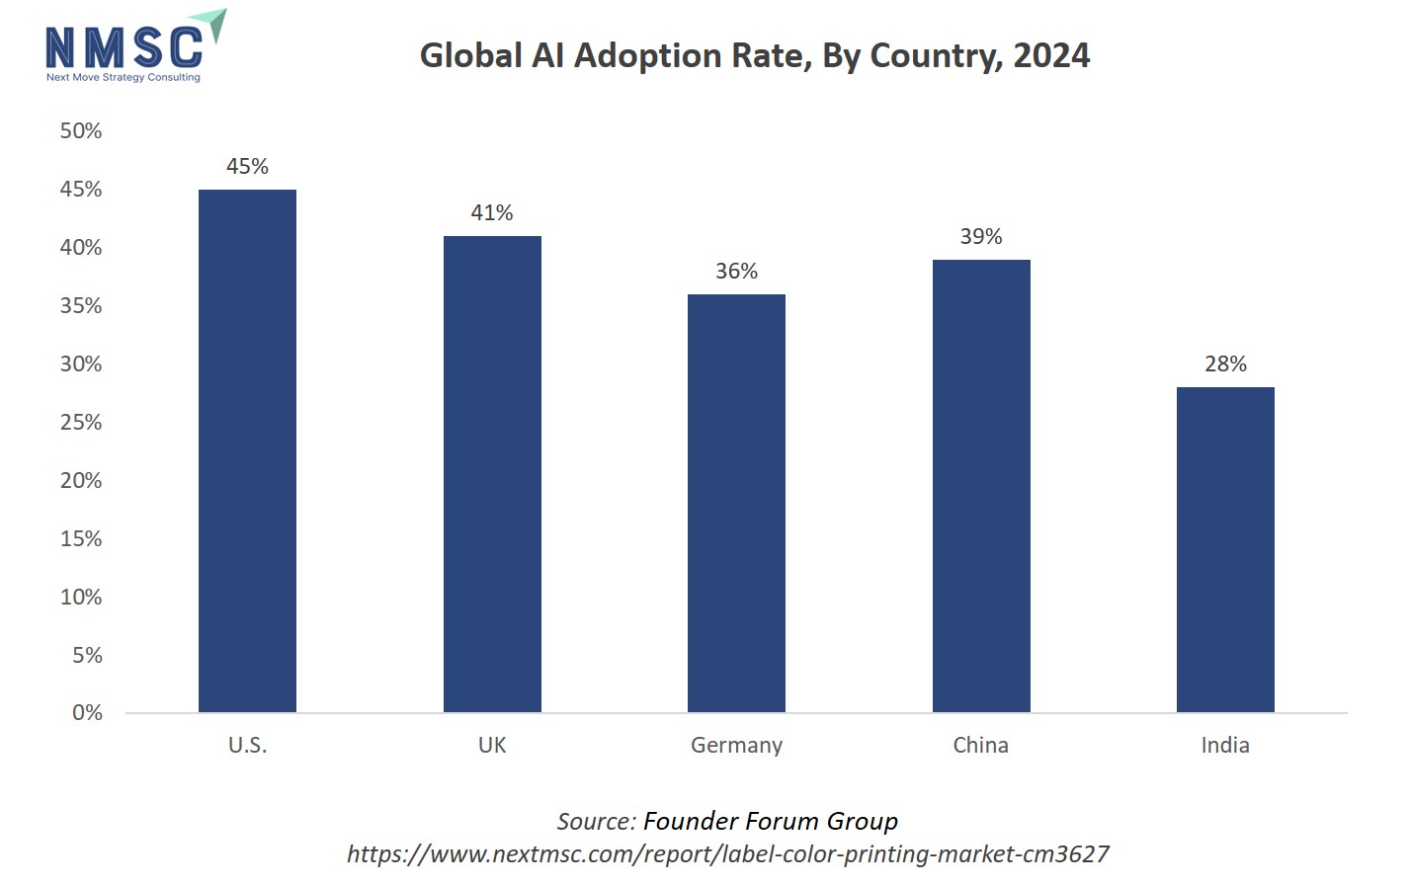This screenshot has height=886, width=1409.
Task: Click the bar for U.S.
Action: click(x=247, y=450)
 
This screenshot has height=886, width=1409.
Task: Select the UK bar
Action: click(x=492, y=474)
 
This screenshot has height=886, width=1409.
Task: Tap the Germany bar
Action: click(x=736, y=503)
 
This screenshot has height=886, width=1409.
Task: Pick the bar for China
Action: click(x=981, y=486)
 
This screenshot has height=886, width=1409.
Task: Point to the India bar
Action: click(x=1225, y=549)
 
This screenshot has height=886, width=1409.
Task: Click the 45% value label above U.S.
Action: click(x=247, y=166)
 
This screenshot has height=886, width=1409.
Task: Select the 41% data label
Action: click(x=492, y=212)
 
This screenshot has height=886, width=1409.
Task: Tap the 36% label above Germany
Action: click(x=736, y=271)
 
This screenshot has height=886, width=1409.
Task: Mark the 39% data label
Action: click(x=981, y=236)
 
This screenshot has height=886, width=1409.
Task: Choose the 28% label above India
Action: click(x=1225, y=363)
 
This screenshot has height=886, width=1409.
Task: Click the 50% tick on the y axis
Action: click(x=81, y=130)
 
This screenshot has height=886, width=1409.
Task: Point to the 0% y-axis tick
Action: click(x=87, y=712)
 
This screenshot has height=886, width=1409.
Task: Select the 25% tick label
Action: click(x=81, y=422)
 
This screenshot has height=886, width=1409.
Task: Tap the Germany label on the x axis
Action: click(x=736, y=745)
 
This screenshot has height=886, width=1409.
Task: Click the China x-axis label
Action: click(x=980, y=745)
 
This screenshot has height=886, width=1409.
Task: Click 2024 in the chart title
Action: click(x=1051, y=56)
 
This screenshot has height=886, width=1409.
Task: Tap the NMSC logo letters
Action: click(x=124, y=47)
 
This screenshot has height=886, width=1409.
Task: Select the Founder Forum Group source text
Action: click(x=771, y=821)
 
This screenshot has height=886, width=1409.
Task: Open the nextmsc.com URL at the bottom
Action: click(x=728, y=853)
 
